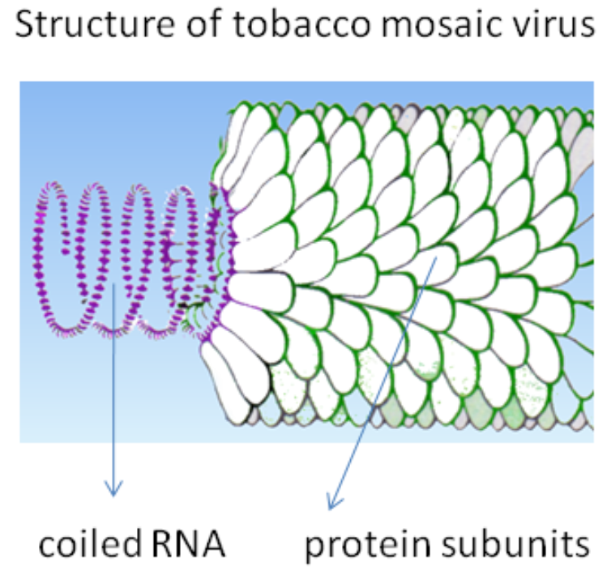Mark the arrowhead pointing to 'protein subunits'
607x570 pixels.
click(330, 504)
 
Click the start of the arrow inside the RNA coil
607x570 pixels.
click(114, 285)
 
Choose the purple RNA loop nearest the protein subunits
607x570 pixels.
click(183, 259)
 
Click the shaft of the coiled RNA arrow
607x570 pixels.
click(114, 389)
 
